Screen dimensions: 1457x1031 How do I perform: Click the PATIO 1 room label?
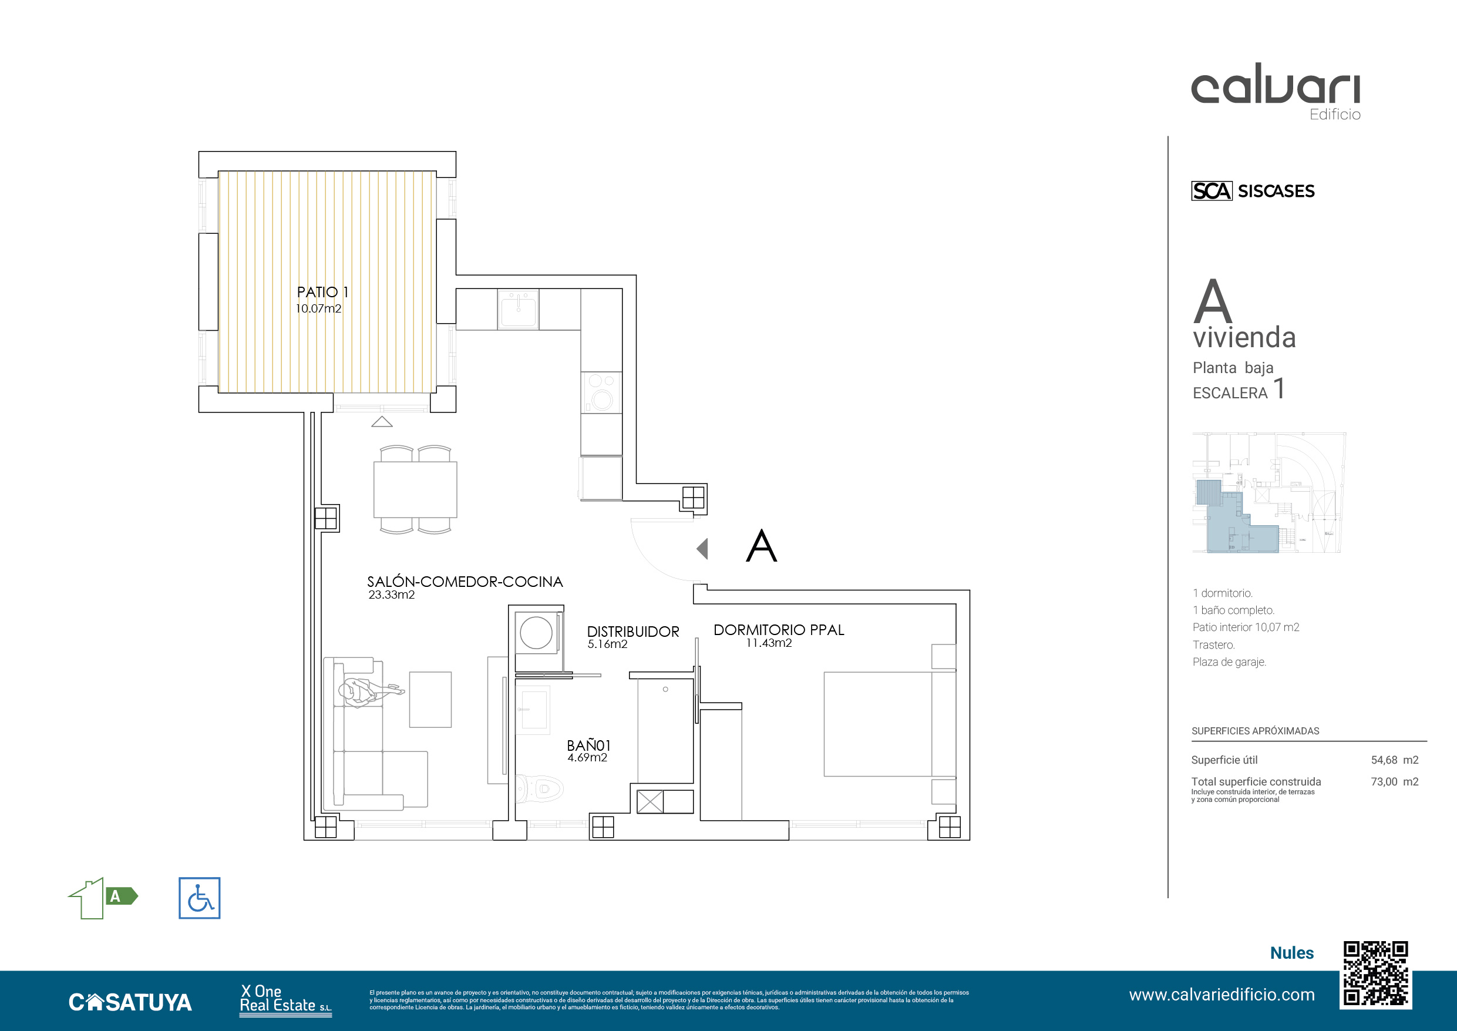click(322, 292)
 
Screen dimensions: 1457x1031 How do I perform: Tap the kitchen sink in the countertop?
click(519, 309)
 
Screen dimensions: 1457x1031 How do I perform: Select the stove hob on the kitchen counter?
click(601, 392)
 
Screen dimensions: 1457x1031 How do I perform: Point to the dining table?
click(415, 489)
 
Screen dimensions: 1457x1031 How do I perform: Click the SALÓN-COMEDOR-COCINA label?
click(465, 582)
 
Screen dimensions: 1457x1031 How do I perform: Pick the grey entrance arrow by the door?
click(702, 549)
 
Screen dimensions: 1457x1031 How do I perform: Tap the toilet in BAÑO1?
click(539, 789)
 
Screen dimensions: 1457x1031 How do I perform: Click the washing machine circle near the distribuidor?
click(536, 633)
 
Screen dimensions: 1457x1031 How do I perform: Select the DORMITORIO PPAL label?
click(779, 630)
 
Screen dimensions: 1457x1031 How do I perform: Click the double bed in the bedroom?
click(890, 724)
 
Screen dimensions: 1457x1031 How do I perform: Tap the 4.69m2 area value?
click(587, 757)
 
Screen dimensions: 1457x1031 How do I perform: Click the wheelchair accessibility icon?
click(199, 898)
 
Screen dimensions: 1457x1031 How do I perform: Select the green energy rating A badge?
click(120, 896)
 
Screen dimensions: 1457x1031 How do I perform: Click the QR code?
click(1376, 975)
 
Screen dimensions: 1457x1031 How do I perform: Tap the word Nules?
click(1291, 953)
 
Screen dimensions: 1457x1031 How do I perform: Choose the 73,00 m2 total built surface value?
click(1394, 781)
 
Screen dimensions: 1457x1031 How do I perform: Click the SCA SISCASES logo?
click(1253, 190)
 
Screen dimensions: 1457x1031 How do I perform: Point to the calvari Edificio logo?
click(1276, 92)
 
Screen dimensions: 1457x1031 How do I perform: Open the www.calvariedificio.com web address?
click(1222, 995)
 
